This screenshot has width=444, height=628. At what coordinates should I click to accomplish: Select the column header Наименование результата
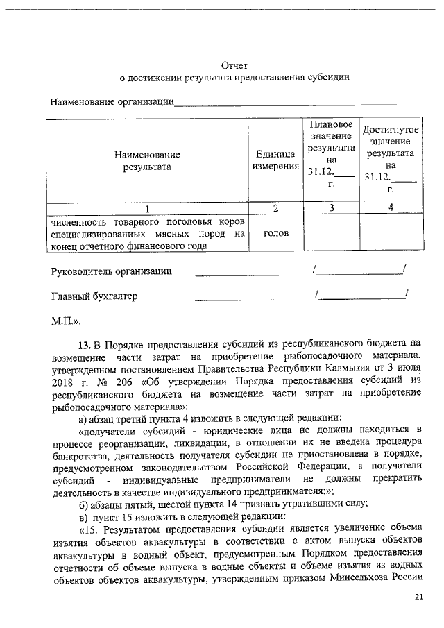point(146,160)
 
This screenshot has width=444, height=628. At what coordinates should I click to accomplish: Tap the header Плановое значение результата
point(331,154)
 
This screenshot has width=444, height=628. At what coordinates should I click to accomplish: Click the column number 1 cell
point(146,208)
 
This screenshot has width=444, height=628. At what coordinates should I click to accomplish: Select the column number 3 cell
point(331,208)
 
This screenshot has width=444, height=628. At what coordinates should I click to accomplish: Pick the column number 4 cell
point(391,208)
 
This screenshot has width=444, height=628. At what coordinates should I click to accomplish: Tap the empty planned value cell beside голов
point(331,233)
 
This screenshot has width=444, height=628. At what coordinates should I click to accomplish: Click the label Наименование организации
point(111,103)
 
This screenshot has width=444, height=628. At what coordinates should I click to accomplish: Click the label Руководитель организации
point(112,271)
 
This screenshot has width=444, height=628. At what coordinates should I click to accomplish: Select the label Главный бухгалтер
point(94,296)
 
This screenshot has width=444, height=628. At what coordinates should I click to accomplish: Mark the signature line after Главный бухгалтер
point(237,299)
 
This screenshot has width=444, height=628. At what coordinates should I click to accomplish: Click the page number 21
point(418,596)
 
